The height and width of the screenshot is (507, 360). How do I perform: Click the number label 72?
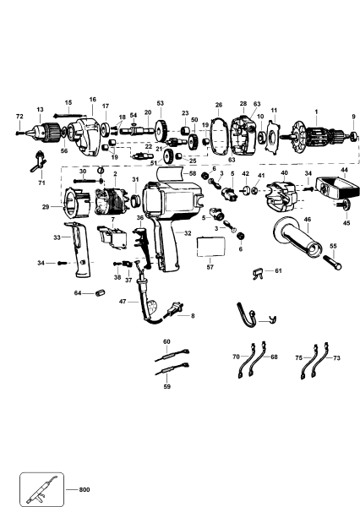19,115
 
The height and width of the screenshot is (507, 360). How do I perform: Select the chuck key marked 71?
39,158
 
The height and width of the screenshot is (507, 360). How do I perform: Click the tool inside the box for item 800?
42,488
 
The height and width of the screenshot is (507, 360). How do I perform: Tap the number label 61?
279,270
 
